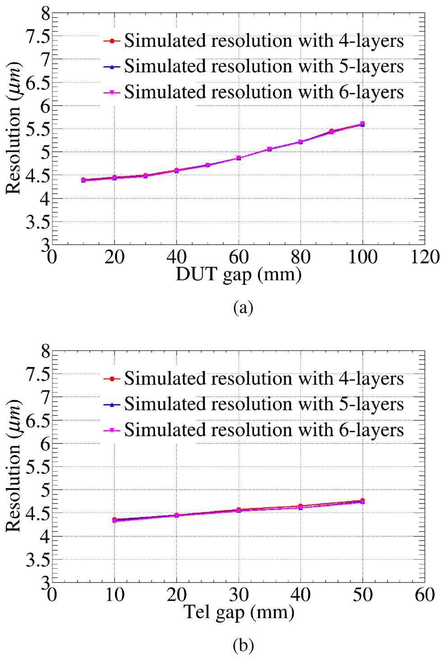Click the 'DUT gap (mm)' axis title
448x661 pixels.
238,275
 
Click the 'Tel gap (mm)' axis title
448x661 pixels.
239,612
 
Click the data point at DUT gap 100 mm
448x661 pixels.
362,124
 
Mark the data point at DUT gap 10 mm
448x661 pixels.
83,180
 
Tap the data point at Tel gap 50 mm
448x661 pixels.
362,501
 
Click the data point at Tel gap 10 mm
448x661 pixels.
115,520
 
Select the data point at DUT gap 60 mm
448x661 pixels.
239,158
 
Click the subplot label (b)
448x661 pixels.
243,646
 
